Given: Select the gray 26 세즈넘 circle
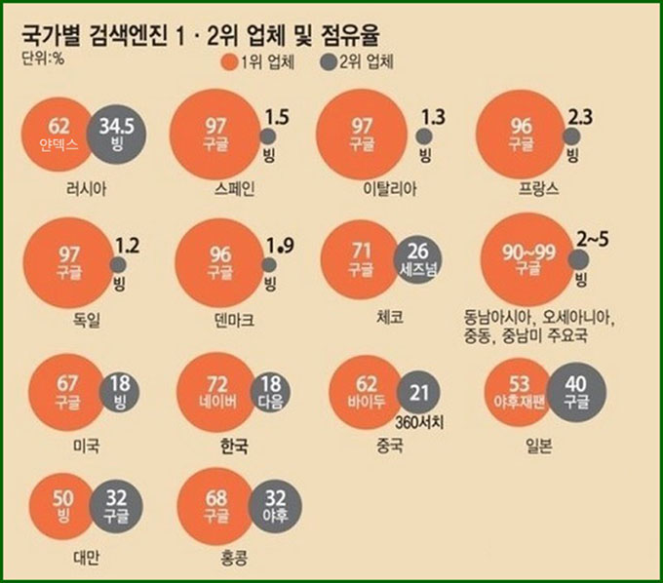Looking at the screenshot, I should [x=418, y=258].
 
